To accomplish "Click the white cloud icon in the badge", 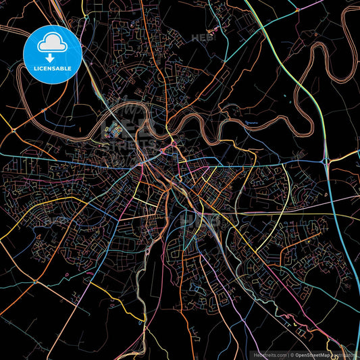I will pyautogui.click(x=53, y=45).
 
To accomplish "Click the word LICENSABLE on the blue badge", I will pyautogui.click(x=53, y=68).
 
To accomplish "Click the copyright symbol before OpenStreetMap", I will pyautogui.click(x=292, y=355).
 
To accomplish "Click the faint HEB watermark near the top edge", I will pyautogui.click(x=203, y=38).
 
